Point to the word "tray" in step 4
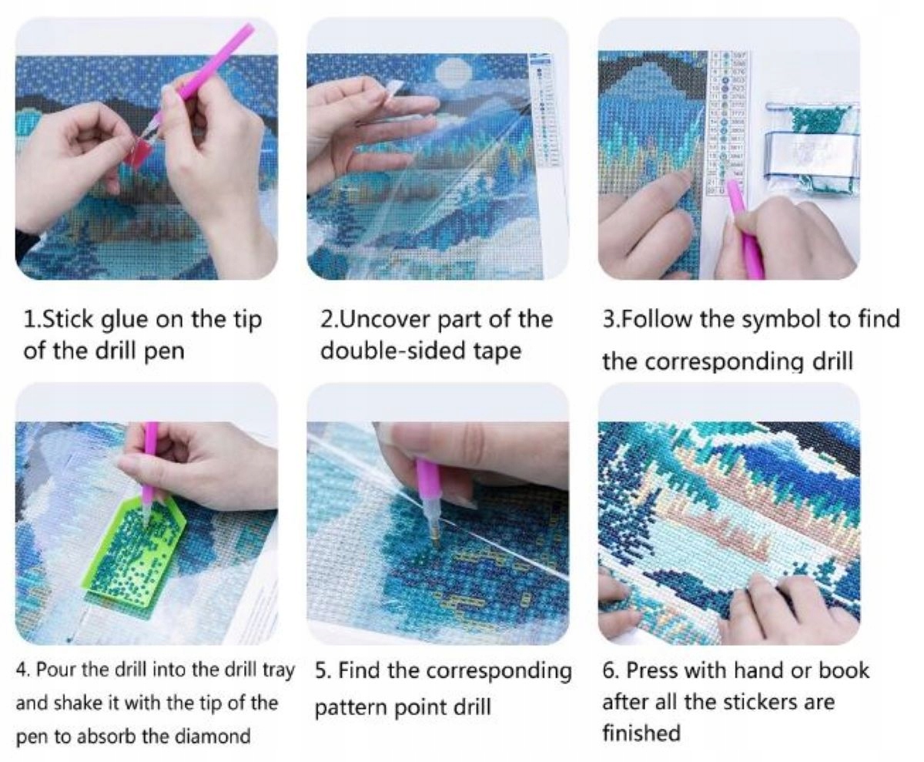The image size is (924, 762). (279, 670)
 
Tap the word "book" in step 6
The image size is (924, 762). (845, 670)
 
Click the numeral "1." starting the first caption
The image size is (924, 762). (32, 319)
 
